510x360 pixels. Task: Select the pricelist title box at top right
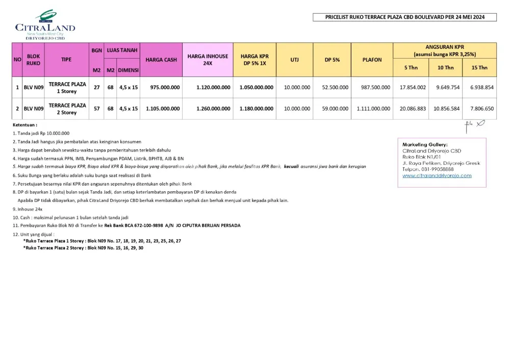coord(404,17)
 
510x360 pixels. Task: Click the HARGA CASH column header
coord(161,60)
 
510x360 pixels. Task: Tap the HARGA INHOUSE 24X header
coord(208,60)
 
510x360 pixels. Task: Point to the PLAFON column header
coord(372,60)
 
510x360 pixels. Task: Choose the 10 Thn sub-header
coord(445,67)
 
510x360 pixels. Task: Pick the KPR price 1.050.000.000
coord(256,87)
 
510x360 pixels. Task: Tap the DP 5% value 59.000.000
coord(335,109)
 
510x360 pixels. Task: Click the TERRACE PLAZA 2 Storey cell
coord(67,109)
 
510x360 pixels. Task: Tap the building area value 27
coord(97,87)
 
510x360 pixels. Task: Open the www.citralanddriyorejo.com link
coord(437,176)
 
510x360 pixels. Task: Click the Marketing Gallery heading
coord(425,145)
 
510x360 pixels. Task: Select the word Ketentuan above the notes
coord(24,124)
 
